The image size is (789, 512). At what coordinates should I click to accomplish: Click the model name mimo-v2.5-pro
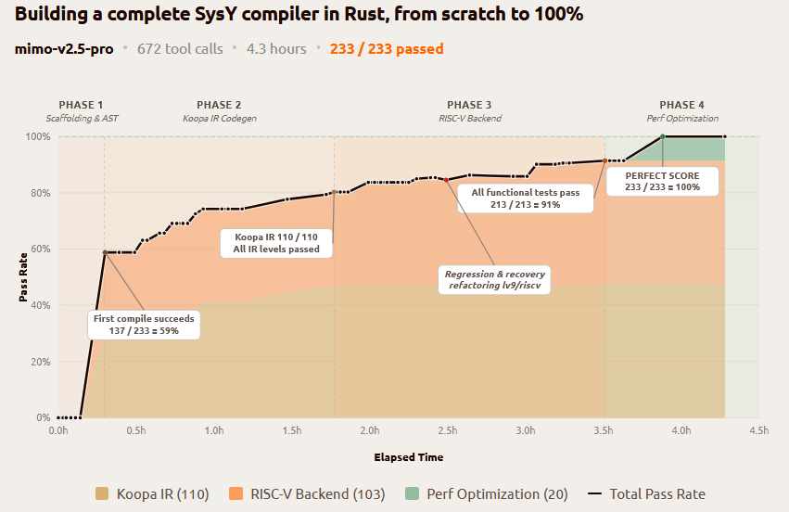[64, 48]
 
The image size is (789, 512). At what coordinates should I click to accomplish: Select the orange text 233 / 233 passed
[387, 48]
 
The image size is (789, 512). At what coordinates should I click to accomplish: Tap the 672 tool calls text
[180, 48]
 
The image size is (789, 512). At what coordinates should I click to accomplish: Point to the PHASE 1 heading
[82, 105]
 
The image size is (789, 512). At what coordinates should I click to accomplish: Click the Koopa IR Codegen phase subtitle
[220, 119]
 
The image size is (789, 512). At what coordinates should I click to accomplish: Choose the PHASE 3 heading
[469, 105]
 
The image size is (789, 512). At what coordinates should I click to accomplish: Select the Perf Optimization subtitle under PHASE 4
[682, 119]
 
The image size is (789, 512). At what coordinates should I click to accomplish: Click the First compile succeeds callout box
[144, 325]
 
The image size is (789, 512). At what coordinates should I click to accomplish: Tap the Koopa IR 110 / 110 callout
[276, 243]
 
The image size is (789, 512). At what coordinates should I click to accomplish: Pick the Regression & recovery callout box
[496, 280]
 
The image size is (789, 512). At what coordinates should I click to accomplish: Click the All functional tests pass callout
[526, 198]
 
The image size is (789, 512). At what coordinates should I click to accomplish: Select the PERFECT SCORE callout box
[663, 181]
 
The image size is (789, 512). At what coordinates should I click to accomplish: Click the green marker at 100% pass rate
[662, 136]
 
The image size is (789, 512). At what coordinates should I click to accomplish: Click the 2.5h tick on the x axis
[448, 430]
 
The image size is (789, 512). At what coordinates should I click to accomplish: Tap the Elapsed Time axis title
[408, 457]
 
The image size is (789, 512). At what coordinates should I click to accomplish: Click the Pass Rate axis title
[24, 276]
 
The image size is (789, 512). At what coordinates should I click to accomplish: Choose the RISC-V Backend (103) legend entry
[307, 494]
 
